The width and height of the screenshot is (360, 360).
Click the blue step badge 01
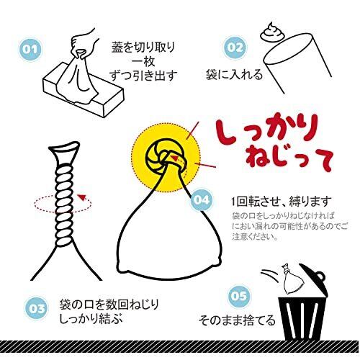click(30, 50)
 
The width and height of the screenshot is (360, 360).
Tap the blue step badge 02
click(235, 48)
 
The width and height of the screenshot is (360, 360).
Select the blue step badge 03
click(37, 308)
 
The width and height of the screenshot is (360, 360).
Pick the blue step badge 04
click(202, 200)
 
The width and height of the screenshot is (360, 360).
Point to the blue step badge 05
click(238, 296)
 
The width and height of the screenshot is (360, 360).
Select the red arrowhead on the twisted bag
click(83, 197)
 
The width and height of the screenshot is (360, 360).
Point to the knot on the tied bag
click(166, 156)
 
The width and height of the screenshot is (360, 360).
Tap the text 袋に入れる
click(234, 75)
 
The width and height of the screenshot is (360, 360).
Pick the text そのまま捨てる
click(237, 320)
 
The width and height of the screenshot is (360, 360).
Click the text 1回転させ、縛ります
click(282, 202)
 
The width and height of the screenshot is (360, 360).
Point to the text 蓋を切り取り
click(143, 47)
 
